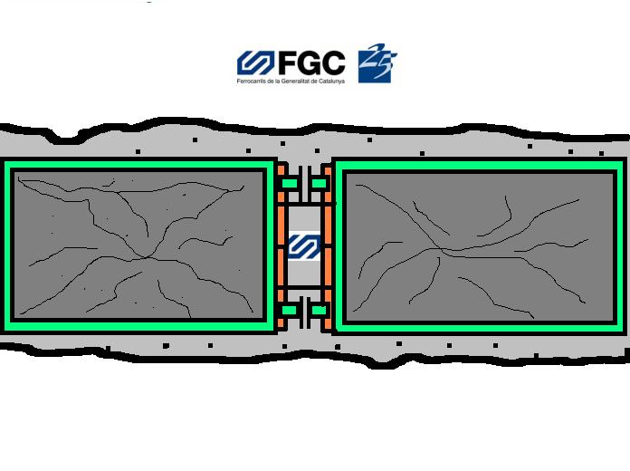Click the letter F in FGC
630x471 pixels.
click(286, 63)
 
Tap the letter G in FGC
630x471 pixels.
click(308, 63)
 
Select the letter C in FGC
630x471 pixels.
click(333, 63)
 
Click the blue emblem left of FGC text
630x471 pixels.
click(255, 62)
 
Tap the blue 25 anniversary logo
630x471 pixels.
click(377, 63)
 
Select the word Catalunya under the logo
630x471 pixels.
click(334, 81)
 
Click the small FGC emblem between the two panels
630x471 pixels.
click(304, 247)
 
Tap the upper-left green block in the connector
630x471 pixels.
click(290, 184)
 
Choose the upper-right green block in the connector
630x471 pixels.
click(319, 184)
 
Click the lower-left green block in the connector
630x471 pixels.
click(290, 311)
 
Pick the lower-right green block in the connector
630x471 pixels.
click(319, 311)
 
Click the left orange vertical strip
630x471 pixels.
click(281, 247)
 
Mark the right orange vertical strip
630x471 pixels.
click(328, 247)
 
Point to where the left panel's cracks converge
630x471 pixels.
click(147, 256)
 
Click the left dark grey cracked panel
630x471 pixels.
click(138, 245)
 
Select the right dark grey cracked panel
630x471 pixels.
click(480, 247)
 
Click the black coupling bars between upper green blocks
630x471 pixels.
click(304, 184)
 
